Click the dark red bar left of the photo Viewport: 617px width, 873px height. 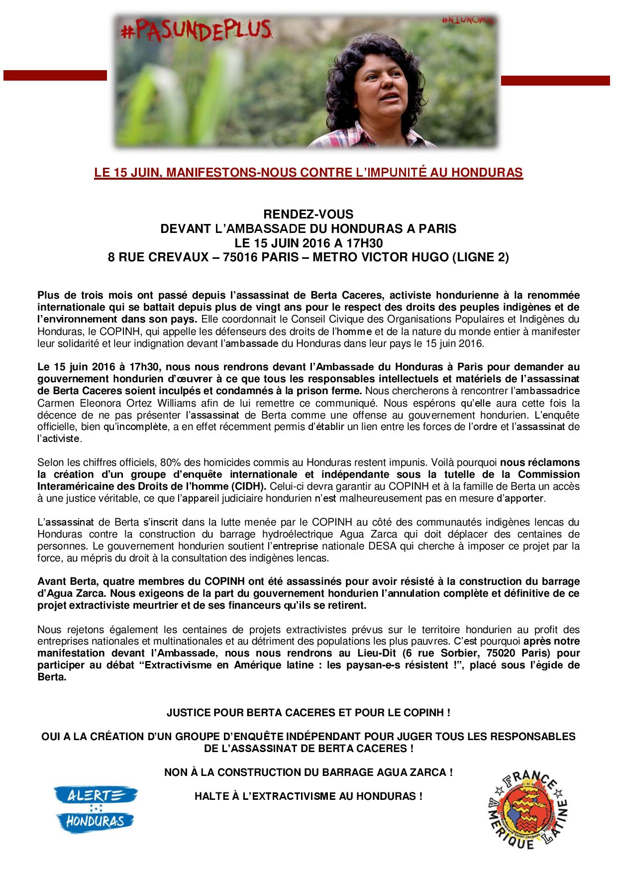click(x=55, y=75)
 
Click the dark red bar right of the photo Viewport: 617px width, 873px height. click(x=555, y=81)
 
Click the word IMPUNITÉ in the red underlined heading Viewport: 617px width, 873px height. click(x=426, y=173)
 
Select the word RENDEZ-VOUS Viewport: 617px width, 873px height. click(x=308, y=215)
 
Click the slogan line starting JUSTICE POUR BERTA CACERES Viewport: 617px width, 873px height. click(x=308, y=713)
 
